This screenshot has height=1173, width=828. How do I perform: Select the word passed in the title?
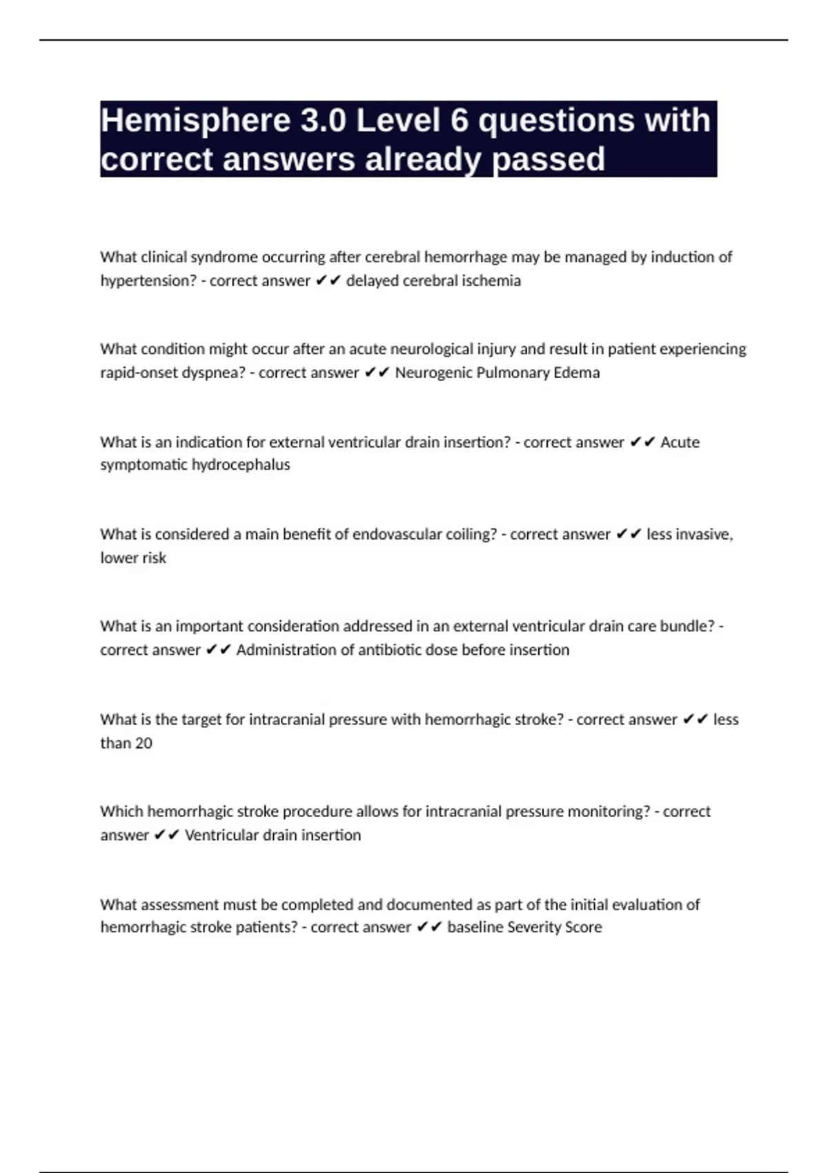click(x=549, y=159)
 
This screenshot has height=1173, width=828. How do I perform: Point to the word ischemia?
click(x=491, y=281)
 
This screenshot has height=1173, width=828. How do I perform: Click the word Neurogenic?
click(x=434, y=373)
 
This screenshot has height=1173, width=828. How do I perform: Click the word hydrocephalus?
click(x=241, y=464)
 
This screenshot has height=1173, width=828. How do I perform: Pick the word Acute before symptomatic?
click(x=680, y=442)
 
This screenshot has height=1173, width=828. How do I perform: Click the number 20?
click(x=144, y=743)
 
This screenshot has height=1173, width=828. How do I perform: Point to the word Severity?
click(x=535, y=927)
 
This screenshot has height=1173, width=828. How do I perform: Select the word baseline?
click(x=475, y=927)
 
